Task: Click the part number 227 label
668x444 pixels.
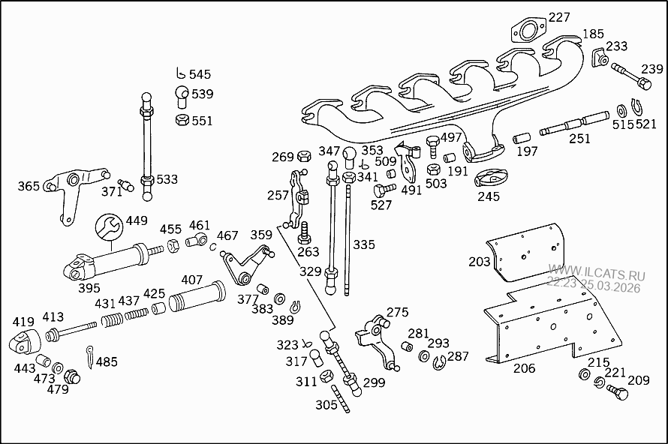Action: click(558, 16)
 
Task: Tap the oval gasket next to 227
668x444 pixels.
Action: click(528, 32)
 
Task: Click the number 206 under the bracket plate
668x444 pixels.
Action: click(524, 367)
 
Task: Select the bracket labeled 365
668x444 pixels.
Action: click(71, 192)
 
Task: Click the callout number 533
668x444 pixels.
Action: click(167, 179)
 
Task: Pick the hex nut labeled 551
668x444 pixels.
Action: click(182, 120)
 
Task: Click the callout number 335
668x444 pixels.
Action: click(363, 244)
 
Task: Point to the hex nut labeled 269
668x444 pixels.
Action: click(304, 156)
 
